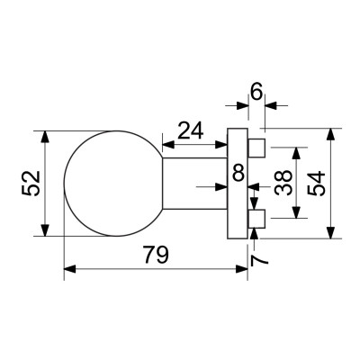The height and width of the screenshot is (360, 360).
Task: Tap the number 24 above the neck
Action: point(190,131)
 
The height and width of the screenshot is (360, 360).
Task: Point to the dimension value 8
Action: point(238,171)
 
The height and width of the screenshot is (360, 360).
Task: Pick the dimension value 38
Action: point(282,183)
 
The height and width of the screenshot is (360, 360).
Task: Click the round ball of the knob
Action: point(112,184)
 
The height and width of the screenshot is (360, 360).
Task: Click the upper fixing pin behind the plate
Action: point(257,146)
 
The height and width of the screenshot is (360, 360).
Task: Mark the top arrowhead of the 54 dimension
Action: point(334,133)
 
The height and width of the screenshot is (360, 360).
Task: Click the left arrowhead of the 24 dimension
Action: point(166,144)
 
